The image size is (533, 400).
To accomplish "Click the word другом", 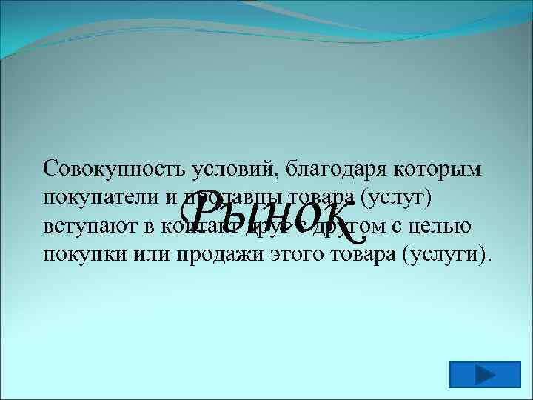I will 348,227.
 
